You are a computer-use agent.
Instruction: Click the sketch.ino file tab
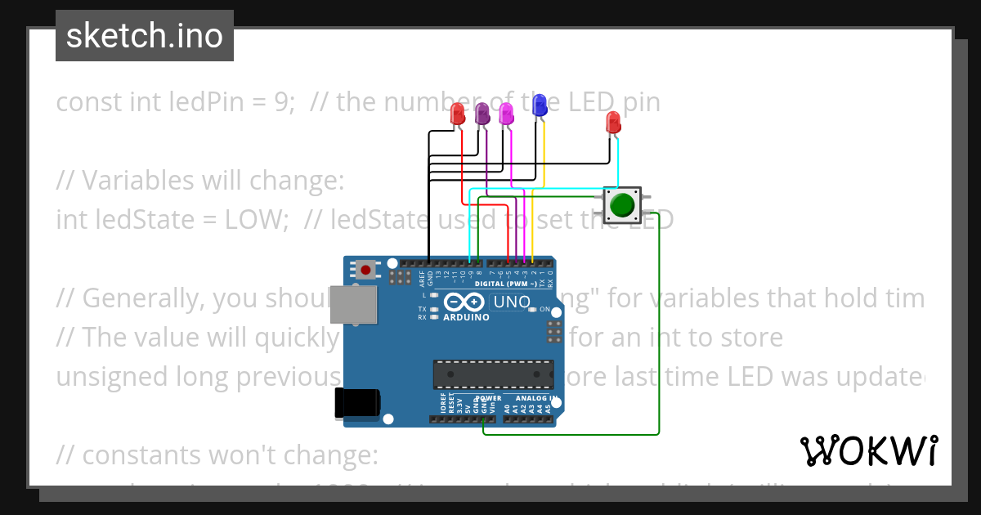click(x=145, y=36)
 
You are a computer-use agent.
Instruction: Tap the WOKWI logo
click(x=868, y=450)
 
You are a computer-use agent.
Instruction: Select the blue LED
click(x=539, y=105)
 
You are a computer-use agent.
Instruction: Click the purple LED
click(x=482, y=114)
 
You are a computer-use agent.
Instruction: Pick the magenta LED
click(x=506, y=114)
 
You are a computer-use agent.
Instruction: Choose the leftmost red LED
click(x=459, y=114)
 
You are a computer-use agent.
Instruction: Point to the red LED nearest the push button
click(x=613, y=123)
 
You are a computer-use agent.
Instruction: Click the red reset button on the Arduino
click(x=365, y=269)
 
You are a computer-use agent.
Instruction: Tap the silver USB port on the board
click(x=353, y=304)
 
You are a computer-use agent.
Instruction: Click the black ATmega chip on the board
click(x=493, y=374)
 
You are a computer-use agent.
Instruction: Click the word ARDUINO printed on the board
click(x=466, y=317)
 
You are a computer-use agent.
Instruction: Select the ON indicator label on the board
click(x=544, y=310)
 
